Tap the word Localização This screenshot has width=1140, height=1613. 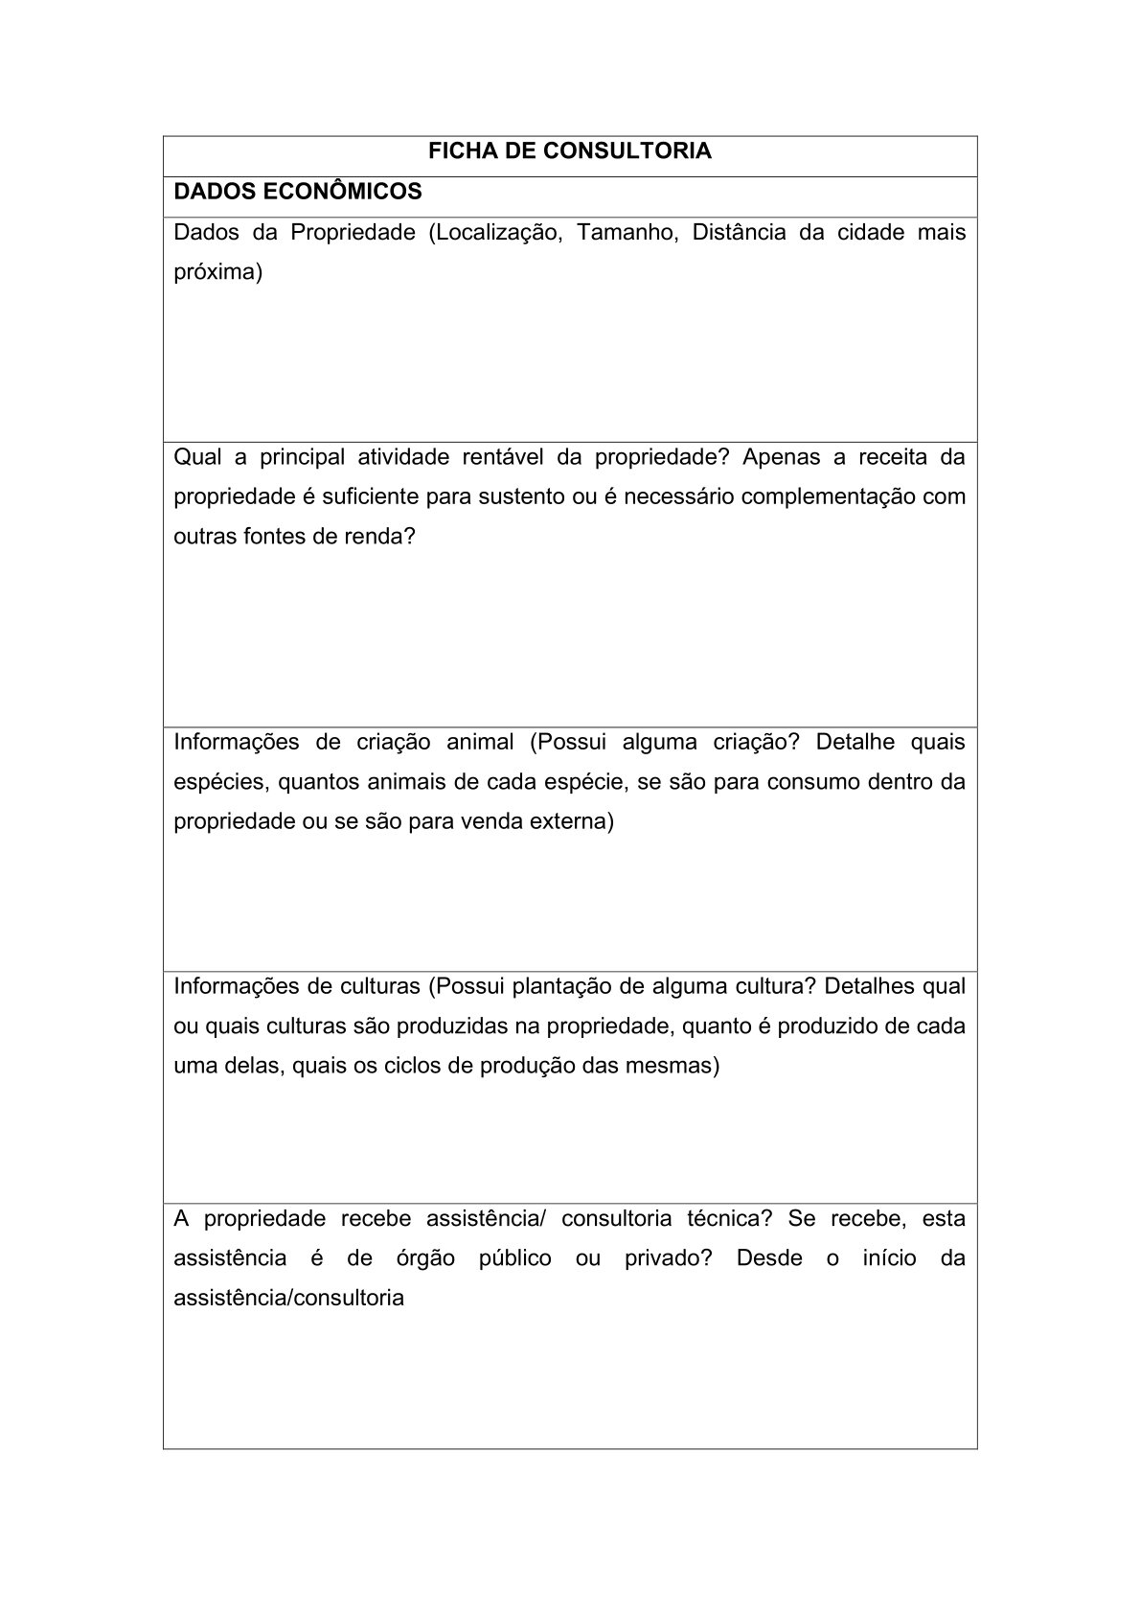point(494,233)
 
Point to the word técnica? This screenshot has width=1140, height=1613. point(729,1219)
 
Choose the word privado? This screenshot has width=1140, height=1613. point(669,1258)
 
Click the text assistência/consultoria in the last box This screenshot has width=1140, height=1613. point(288,1299)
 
